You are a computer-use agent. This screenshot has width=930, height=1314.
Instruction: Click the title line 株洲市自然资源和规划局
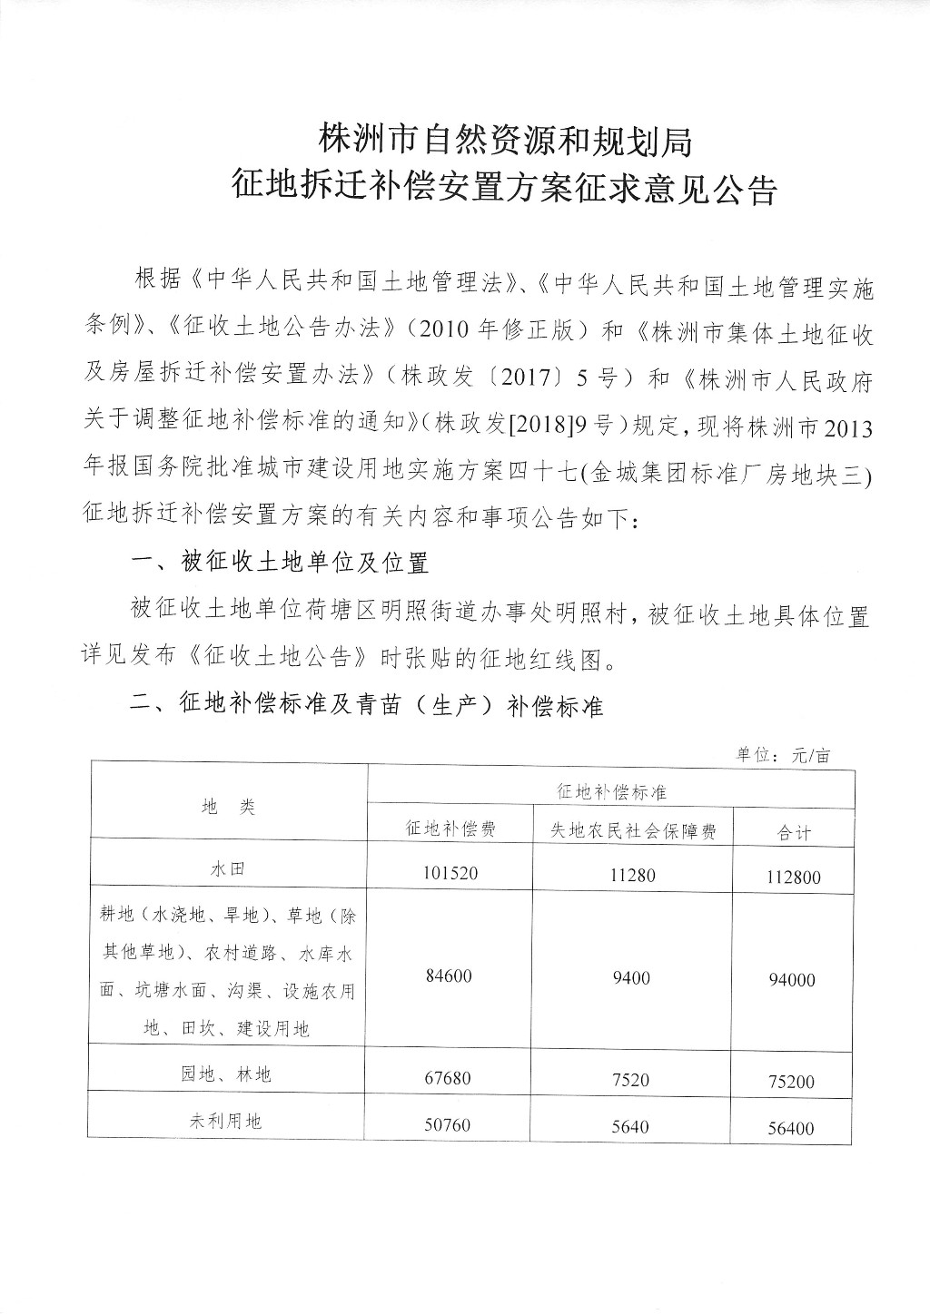505,141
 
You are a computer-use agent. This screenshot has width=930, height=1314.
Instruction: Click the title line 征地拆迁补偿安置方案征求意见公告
505,190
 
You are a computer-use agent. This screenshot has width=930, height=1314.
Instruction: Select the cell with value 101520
450,873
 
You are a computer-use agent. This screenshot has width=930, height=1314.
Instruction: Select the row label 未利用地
227,1122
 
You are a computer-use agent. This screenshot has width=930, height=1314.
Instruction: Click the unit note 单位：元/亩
783,755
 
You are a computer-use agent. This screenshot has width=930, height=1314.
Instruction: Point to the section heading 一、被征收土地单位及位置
279,564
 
